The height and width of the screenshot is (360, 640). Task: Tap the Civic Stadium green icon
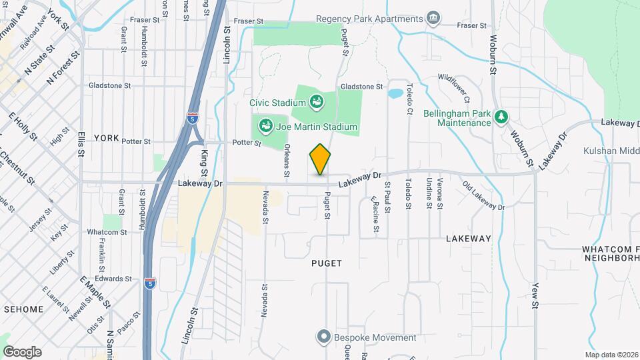(x=317, y=102)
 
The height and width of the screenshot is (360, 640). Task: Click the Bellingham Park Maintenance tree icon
(x=501, y=117)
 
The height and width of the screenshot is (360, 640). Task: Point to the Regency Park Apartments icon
(x=434, y=17)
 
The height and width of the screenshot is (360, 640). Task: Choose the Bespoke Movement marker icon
(x=324, y=337)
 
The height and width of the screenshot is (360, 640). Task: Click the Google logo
(x=22, y=351)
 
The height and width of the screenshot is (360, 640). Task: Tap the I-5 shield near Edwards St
(x=151, y=284)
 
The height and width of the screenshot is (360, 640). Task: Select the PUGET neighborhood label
(x=327, y=263)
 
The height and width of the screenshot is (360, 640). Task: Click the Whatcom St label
(x=107, y=232)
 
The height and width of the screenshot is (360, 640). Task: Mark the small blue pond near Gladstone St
(x=395, y=93)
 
